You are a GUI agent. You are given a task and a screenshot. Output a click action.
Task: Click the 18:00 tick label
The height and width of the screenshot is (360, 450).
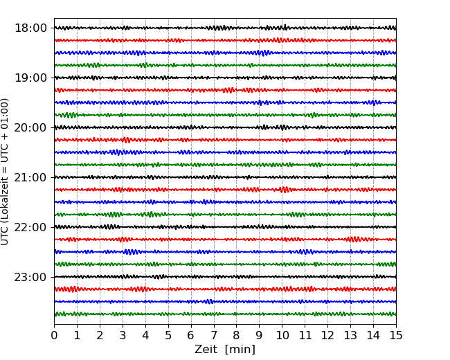tap(30, 28)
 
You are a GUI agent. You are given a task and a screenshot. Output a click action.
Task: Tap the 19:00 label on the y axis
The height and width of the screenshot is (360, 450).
tap(30, 78)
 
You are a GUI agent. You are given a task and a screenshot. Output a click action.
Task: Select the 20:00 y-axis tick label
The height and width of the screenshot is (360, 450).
tap(30, 128)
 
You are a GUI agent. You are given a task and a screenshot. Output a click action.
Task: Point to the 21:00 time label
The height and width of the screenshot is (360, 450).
tap(30, 177)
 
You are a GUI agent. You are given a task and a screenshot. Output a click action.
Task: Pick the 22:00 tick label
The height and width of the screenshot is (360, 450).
tap(30, 227)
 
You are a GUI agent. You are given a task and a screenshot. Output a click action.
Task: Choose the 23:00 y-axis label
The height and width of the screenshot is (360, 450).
tap(30, 278)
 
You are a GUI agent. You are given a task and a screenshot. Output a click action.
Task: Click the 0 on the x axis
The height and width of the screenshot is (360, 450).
tap(54, 335)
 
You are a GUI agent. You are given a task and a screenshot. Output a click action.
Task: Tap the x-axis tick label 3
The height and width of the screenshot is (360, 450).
tap(123, 335)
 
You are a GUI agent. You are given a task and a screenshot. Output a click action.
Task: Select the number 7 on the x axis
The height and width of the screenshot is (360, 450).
tap(214, 335)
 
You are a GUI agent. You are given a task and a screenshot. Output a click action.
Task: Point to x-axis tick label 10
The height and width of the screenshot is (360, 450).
tap(282, 335)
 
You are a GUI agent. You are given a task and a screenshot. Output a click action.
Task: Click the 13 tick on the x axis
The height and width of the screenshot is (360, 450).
tap(350, 335)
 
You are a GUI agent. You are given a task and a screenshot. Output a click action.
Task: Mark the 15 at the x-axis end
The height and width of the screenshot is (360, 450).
tap(396, 335)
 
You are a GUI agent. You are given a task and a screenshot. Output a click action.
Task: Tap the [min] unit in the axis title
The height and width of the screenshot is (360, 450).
tap(240, 350)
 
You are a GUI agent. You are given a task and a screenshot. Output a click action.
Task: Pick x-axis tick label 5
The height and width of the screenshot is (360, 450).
tap(168, 335)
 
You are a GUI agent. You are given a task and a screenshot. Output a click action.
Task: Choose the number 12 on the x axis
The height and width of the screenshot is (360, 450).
tap(327, 335)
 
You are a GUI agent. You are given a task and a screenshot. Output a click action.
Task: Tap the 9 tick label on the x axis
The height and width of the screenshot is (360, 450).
tap(259, 335)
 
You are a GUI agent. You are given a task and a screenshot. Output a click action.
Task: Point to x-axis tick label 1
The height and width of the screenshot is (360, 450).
tap(77, 335)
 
